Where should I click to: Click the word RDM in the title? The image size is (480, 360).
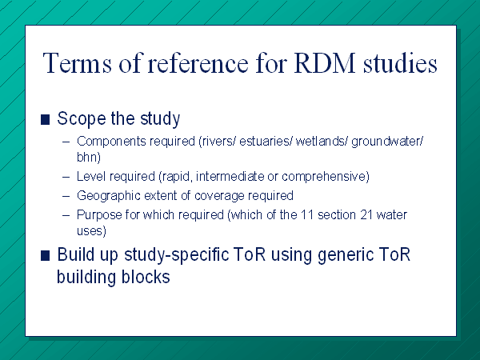pyautogui.click(x=325, y=63)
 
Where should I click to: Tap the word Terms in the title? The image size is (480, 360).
pyautogui.click(x=77, y=63)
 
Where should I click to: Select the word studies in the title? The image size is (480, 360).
pyautogui.click(x=400, y=63)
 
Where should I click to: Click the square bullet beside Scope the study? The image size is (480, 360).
pyautogui.click(x=45, y=120)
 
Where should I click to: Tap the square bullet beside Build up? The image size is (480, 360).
pyautogui.click(x=45, y=256)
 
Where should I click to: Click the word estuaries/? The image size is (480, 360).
pyautogui.click(x=266, y=142)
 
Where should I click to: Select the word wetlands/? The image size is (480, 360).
pyautogui.click(x=322, y=142)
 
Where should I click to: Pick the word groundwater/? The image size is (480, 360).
pyautogui.click(x=387, y=142)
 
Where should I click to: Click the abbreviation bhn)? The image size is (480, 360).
pyautogui.click(x=89, y=157)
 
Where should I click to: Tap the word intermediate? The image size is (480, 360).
pyautogui.click(x=230, y=177)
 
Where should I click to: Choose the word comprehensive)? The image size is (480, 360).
pyautogui.click(x=326, y=177)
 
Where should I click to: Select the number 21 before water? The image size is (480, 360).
pyautogui.click(x=366, y=215)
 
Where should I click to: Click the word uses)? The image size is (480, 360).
pyautogui.click(x=91, y=230)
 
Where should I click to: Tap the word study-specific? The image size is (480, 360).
pyautogui.click(x=177, y=255)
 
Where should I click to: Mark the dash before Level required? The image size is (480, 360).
pyautogui.click(x=66, y=177)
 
